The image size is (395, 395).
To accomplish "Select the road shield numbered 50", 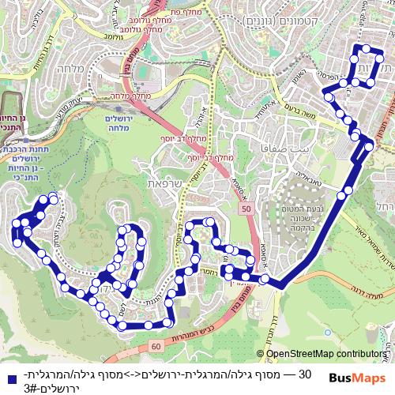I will [246, 208].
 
